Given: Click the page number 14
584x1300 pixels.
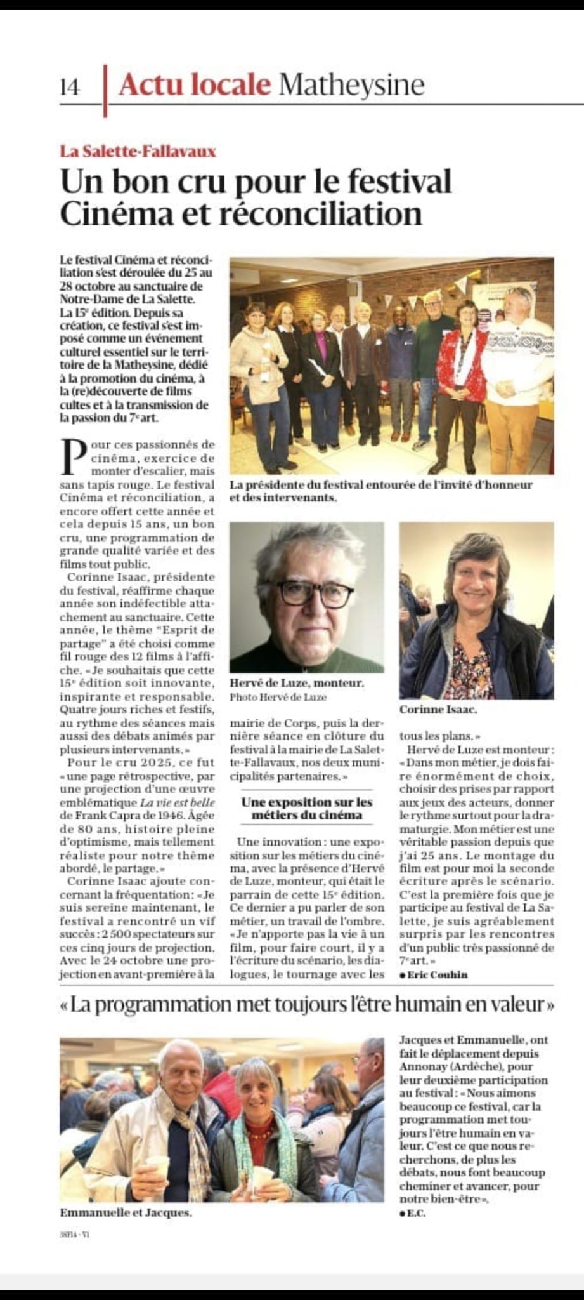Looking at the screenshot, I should [70, 87].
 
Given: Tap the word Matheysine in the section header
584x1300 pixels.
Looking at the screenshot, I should [351, 84].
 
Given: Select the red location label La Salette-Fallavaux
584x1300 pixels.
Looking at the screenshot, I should [138, 151].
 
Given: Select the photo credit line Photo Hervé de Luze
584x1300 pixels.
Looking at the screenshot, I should [278, 697].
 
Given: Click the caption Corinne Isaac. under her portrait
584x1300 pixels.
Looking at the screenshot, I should [438, 710].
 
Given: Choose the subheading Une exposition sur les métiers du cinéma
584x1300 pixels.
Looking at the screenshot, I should [307, 809].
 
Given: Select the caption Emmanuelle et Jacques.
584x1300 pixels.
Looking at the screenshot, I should [126, 1213].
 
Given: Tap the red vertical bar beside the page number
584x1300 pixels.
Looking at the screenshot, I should [105, 91].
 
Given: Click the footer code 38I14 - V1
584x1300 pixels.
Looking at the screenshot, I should [75, 1235].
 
